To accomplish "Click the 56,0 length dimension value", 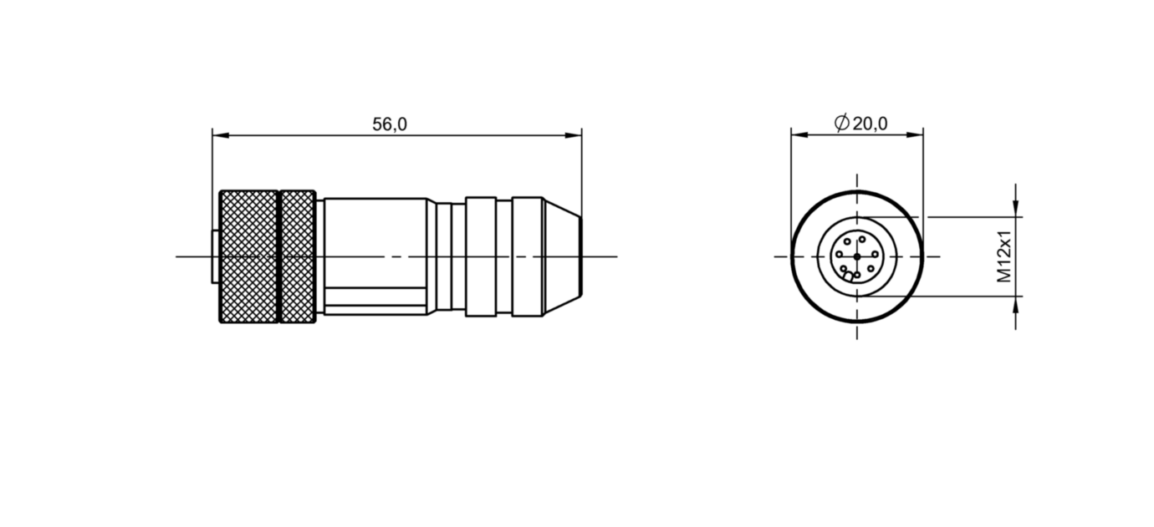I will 390,124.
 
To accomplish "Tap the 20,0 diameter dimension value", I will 871,124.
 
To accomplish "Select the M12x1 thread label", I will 1005,257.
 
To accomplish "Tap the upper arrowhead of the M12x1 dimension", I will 1016,210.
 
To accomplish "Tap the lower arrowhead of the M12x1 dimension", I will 1016,302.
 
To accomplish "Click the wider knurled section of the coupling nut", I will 248,257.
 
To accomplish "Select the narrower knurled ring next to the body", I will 298,257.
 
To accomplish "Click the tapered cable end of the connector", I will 562,257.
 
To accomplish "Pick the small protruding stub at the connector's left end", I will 215,257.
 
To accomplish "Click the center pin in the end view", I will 856,256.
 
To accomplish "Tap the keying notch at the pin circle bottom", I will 849,275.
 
